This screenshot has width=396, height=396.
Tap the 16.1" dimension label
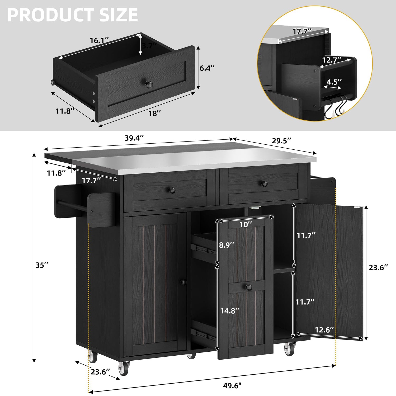(x=99, y=40)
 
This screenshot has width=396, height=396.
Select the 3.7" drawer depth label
(x=149, y=46)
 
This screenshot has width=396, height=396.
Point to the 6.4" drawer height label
(x=207, y=68)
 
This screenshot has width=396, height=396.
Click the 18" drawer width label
(x=155, y=114)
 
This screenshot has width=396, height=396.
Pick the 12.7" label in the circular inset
(x=332, y=60)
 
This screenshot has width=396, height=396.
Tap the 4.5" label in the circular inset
(x=334, y=82)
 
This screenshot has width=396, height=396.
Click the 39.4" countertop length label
(x=134, y=138)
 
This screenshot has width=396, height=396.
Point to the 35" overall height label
(x=42, y=265)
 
